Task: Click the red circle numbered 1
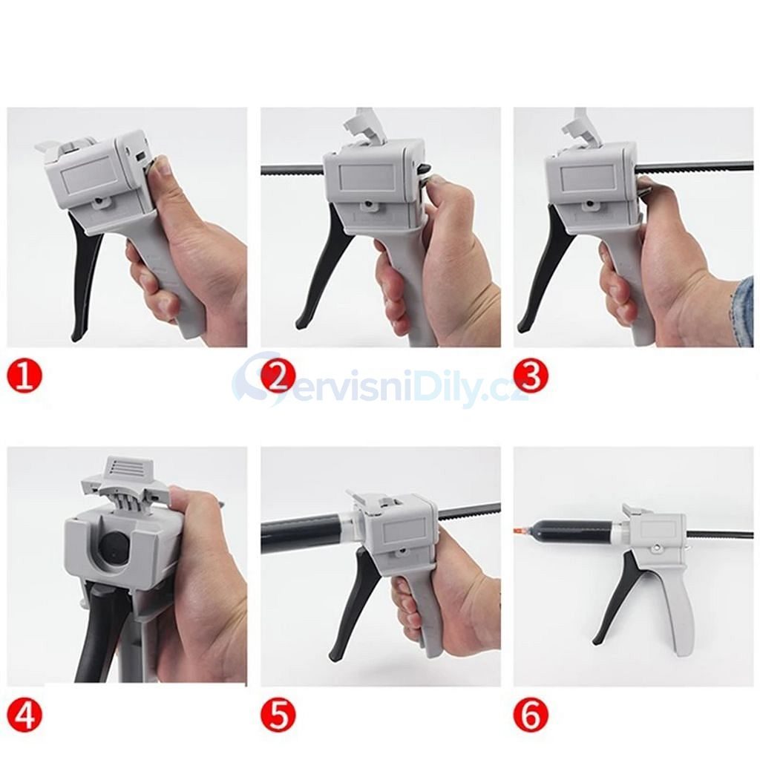coord(24,377)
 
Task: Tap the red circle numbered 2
coord(278,377)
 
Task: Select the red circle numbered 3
coord(531,377)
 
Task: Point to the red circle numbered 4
coord(24,715)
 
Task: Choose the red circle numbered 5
coord(278,715)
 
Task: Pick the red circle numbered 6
coord(531,715)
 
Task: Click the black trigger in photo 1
coord(88,272)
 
